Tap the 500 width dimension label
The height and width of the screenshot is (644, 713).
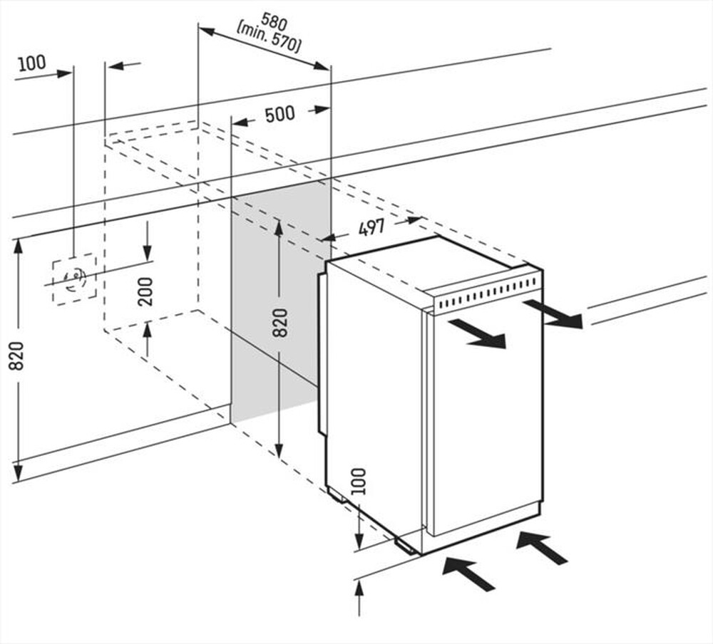tap(279, 114)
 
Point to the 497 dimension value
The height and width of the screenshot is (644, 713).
tap(371, 228)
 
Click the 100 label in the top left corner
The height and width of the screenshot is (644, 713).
tap(31, 63)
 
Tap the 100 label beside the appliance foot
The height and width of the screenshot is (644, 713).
tap(359, 482)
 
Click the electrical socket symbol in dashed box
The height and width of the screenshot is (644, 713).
tap(74, 279)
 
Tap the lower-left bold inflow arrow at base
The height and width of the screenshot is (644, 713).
tap(468, 574)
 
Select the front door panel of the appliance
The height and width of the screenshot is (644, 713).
tap(485, 420)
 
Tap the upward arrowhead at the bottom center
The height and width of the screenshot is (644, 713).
tap(359, 588)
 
